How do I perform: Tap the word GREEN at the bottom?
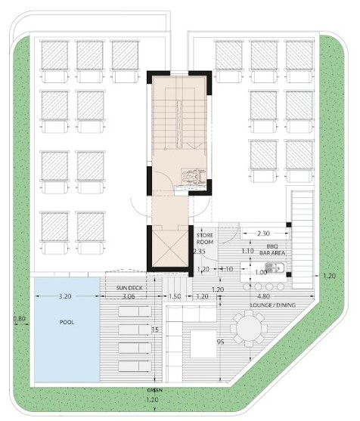154,390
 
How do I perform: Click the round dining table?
248,328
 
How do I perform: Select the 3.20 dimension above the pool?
67,297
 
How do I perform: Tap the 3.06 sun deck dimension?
129,297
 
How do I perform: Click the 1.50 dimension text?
175,297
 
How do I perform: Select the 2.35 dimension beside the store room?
200,252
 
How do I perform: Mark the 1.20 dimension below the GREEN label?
154,399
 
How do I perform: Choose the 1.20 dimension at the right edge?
328,276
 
